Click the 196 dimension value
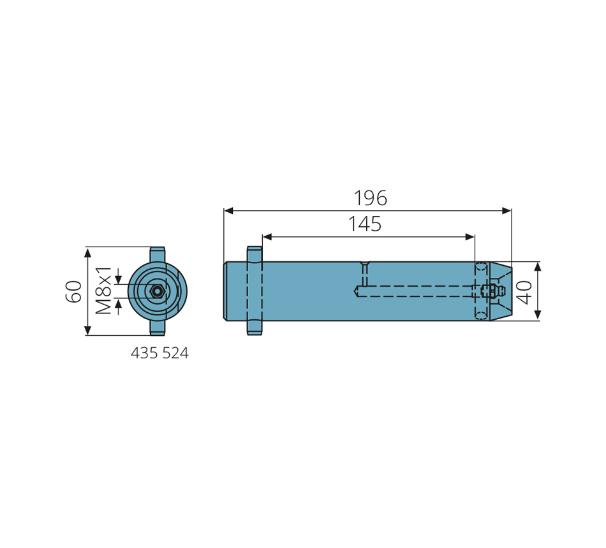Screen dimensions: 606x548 click(370, 198)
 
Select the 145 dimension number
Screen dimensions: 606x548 click(364, 224)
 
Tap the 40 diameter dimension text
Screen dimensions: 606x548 click(524, 292)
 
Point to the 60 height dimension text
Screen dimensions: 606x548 click(73, 291)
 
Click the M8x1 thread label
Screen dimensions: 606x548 click(103, 291)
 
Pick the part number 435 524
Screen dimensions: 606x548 click(159, 353)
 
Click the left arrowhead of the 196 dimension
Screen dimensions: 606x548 click(228, 211)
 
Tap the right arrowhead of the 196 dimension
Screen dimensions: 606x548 click(506, 211)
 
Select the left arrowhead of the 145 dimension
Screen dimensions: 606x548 click(267, 237)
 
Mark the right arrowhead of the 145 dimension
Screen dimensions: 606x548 click(470, 237)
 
